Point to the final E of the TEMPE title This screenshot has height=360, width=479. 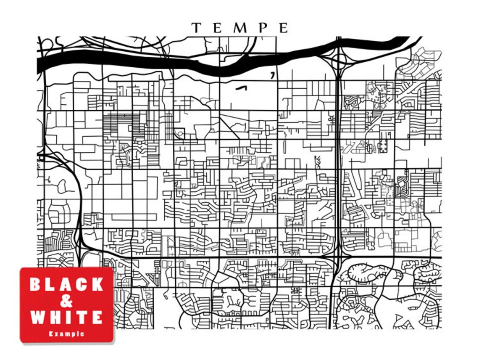284,28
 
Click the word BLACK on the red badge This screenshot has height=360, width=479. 66,285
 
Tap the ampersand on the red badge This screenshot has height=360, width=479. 66,301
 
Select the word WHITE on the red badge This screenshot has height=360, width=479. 66,318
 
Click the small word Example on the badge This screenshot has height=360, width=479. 66,334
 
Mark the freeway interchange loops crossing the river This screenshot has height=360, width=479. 339,59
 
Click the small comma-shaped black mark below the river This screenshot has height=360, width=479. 273,75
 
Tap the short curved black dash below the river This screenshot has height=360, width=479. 241,88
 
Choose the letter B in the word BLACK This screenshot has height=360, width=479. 35,285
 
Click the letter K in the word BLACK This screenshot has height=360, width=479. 97,285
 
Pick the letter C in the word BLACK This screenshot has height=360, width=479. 82,285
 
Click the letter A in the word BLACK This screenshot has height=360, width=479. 66,285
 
